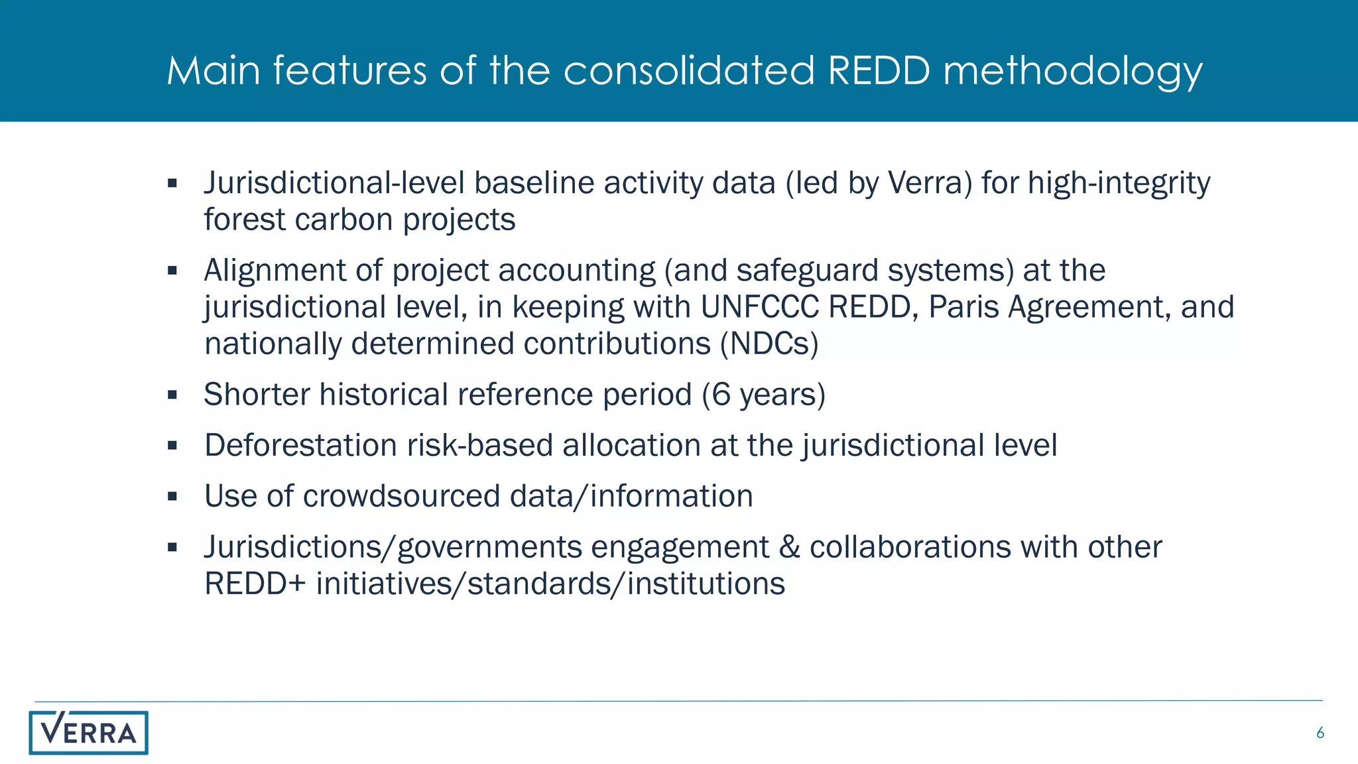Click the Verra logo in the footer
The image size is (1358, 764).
tap(88, 732)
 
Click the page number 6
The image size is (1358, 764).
tap(1320, 733)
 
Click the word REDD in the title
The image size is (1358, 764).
tap(879, 70)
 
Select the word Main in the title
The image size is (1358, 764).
tap(213, 70)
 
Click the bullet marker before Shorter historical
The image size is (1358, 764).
tap(172, 395)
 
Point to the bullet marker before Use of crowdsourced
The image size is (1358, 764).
tap(172, 497)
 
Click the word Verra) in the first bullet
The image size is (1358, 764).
tap(930, 183)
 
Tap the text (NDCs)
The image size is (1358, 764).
tap(770, 344)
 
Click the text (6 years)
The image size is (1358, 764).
tap(763, 395)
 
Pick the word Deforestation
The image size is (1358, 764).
tap(300, 446)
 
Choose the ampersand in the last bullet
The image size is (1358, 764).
tap(789, 548)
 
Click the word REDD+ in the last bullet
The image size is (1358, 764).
tap(255, 584)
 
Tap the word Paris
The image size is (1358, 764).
tap(963, 307)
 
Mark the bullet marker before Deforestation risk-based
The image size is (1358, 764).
tap(172, 446)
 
